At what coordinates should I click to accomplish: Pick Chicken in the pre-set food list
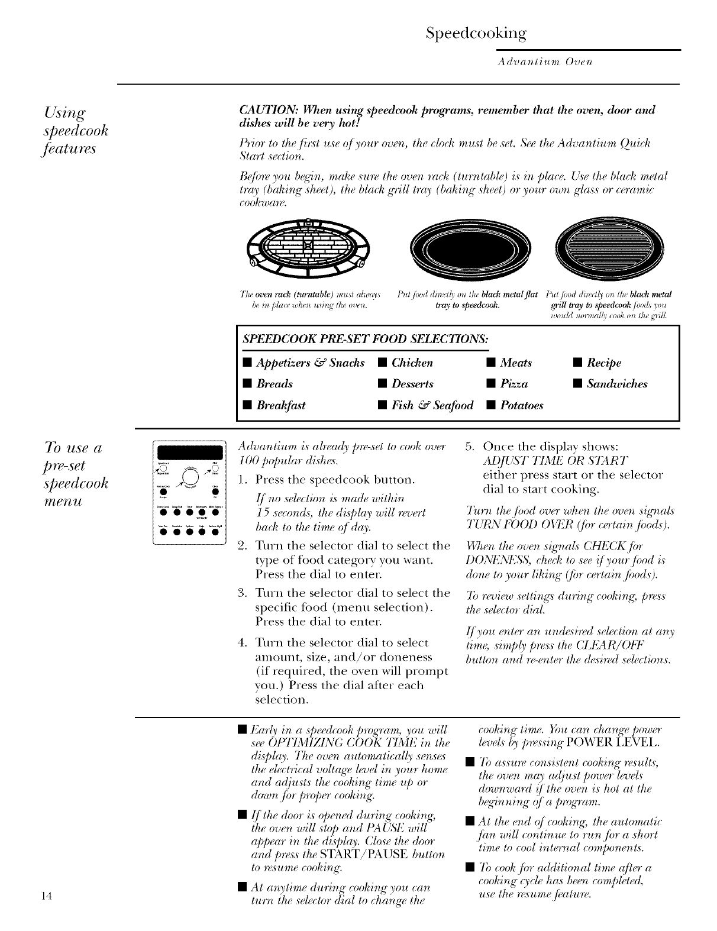pos(412,363)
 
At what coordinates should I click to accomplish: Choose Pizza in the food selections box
pos(513,384)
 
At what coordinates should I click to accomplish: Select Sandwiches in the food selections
pos(616,384)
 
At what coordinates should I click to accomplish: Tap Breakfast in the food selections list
pos(280,405)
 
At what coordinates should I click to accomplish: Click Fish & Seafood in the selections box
pos(432,405)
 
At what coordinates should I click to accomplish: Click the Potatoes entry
pos(521,405)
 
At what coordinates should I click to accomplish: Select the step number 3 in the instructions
pos(241,593)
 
